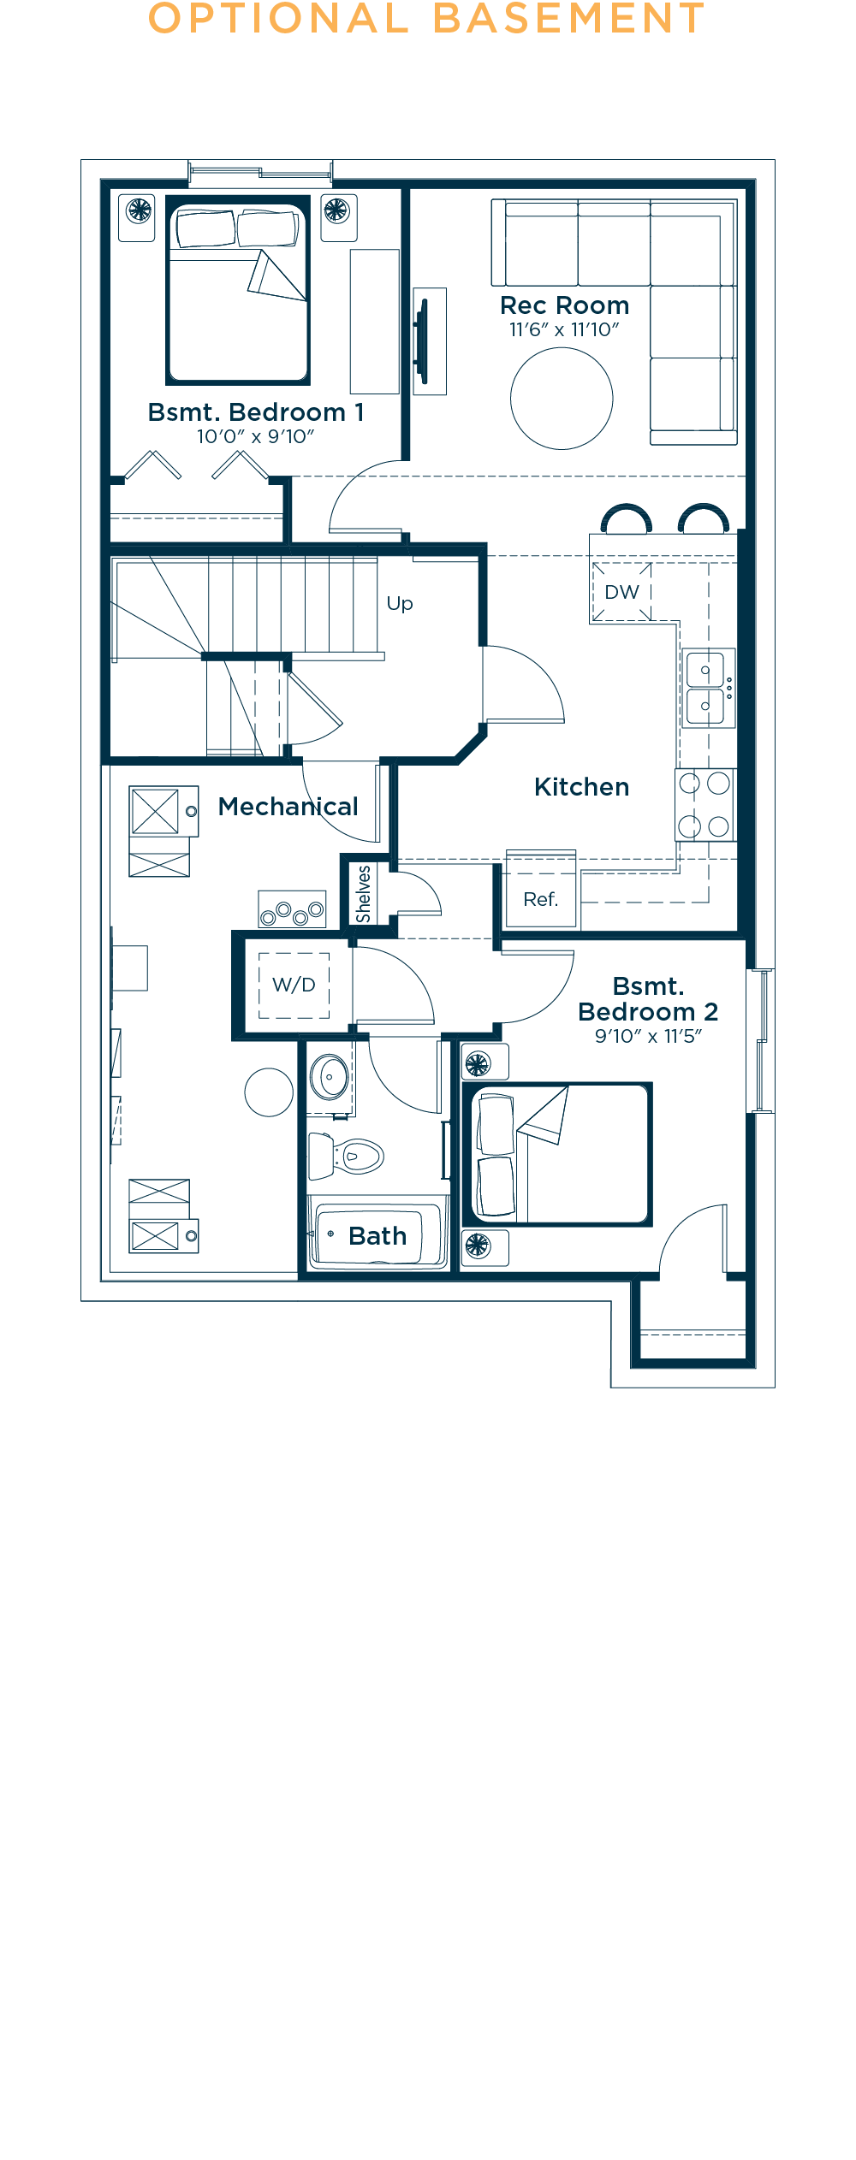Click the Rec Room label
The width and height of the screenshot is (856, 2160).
(564, 305)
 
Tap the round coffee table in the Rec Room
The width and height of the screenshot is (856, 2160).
(562, 398)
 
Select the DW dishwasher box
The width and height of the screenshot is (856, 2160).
(622, 592)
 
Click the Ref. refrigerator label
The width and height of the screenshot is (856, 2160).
(540, 899)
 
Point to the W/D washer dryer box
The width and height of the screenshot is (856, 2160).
(294, 985)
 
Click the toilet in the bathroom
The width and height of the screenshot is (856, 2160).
(346, 1156)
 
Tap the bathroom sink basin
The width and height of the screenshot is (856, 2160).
(330, 1077)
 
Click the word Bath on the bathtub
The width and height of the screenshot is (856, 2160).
(377, 1236)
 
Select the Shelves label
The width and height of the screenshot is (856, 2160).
(364, 894)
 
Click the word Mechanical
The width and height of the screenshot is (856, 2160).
(288, 807)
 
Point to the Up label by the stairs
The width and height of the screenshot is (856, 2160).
(400, 604)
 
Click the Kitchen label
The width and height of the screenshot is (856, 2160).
(582, 787)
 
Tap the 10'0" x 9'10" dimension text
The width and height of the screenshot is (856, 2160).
(256, 436)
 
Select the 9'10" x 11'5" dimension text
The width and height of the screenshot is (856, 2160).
(649, 1036)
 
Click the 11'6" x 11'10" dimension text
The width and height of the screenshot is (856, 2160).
(564, 329)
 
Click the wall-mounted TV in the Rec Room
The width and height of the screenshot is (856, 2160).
(421, 340)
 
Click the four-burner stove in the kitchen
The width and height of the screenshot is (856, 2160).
(704, 805)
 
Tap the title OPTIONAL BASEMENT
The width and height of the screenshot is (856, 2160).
(426, 18)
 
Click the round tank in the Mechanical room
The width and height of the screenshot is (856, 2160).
(269, 1092)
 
